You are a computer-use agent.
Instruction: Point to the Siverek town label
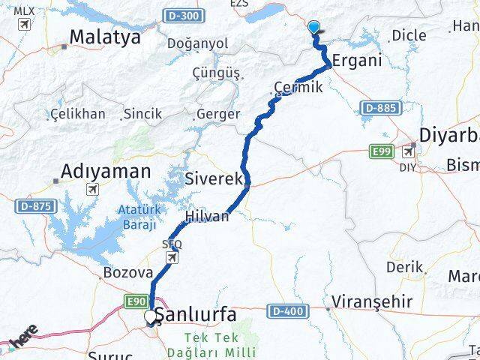click(x=214, y=178)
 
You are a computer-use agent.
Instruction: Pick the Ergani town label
click(x=357, y=60)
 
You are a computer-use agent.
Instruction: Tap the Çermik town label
click(x=298, y=87)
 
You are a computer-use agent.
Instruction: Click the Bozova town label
click(x=128, y=273)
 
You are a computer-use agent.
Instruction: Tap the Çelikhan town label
click(x=78, y=114)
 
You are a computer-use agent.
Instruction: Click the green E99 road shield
click(x=382, y=152)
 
